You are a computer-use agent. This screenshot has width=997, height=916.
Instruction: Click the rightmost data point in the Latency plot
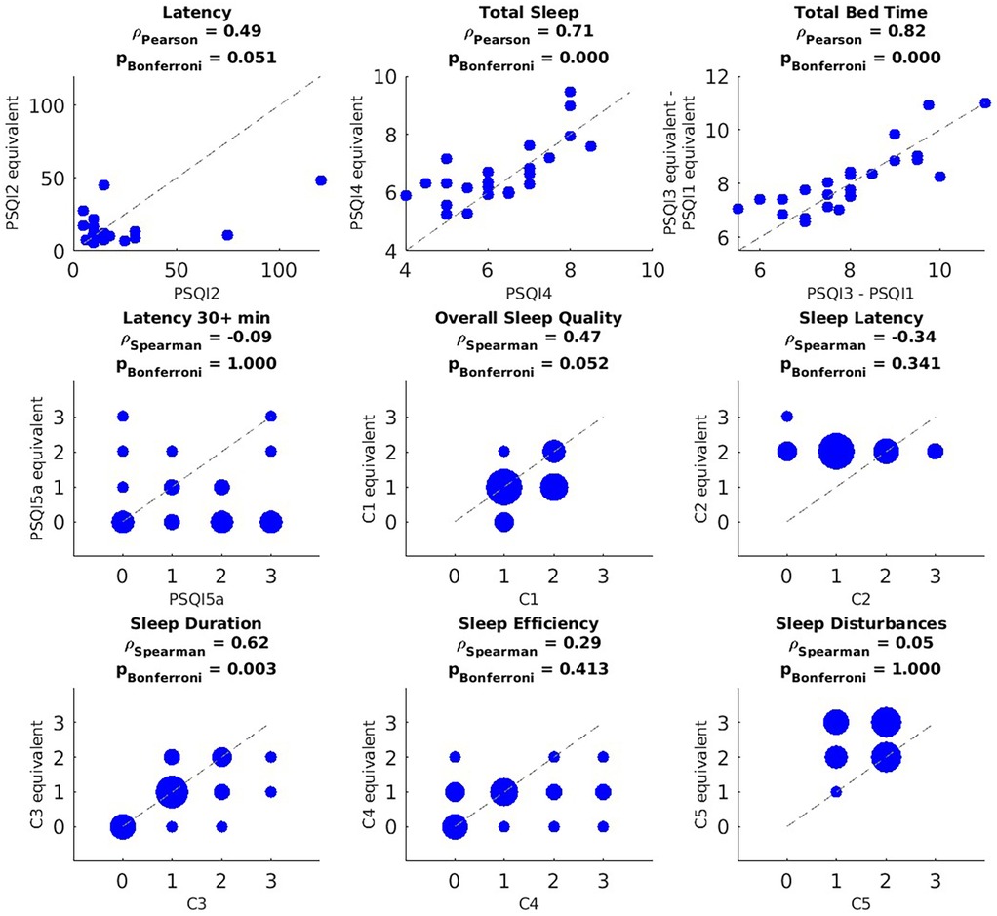click(321, 180)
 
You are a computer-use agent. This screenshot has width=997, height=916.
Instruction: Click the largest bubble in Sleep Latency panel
click(836, 451)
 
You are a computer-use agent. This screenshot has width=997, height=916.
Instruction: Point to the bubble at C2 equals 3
click(935, 451)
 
